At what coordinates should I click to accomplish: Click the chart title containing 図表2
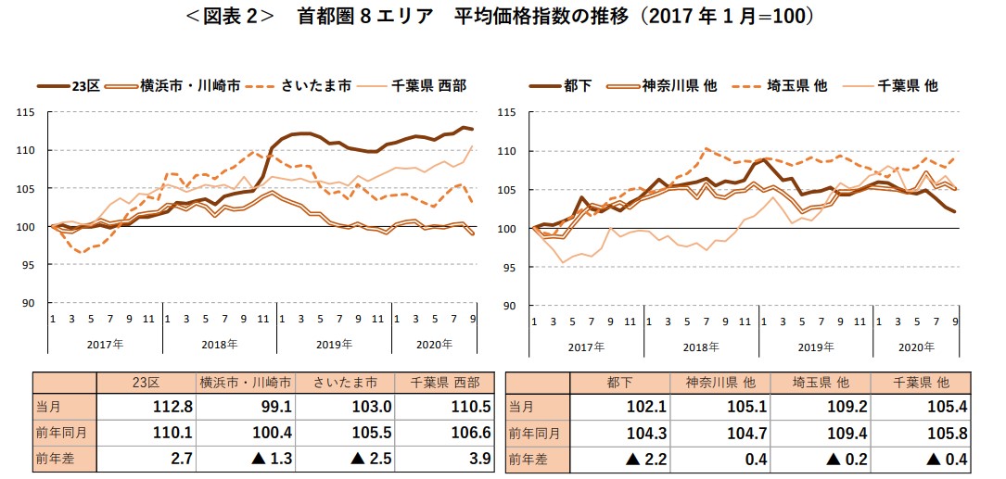click(503, 17)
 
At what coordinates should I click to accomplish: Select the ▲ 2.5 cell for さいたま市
click(340, 456)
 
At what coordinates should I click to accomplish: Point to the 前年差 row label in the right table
click(530, 456)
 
